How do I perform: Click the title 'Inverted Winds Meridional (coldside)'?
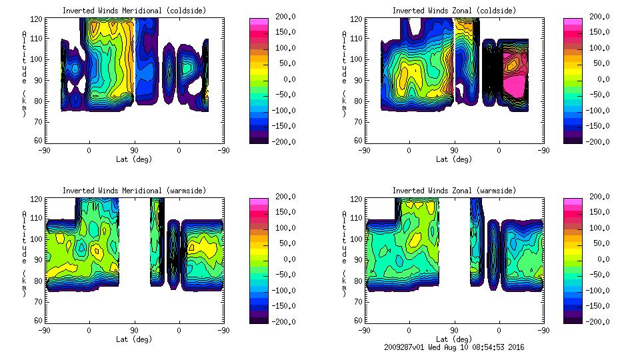coord(135,11)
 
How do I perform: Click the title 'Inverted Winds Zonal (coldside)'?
coord(454,11)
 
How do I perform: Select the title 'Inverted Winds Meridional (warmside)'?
coord(135,191)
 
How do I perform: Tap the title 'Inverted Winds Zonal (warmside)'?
coord(454,191)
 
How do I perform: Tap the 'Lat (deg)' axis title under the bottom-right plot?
coord(455,339)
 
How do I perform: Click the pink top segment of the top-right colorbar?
coord(572,22)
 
